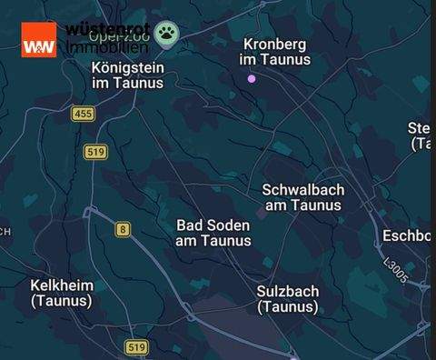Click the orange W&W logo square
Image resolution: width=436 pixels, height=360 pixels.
(x=39, y=39)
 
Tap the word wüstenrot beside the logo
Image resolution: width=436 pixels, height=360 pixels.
(x=107, y=29)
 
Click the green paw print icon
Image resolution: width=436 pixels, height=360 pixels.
(x=166, y=35)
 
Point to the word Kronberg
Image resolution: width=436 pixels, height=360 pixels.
(x=274, y=44)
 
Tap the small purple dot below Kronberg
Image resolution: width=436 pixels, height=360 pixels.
(x=253, y=79)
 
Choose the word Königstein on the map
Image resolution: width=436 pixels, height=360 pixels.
(x=128, y=66)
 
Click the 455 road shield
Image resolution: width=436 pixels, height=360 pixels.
(x=84, y=114)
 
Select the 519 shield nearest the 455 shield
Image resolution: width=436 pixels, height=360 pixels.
(x=95, y=152)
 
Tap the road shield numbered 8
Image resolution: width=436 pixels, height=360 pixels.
(x=122, y=229)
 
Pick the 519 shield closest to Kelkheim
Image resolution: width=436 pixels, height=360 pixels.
(x=135, y=347)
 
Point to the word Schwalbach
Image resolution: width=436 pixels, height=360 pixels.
(x=302, y=189)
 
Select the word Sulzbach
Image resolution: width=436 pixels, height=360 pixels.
(x=288, y=291)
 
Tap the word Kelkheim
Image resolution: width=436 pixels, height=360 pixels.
(x=62, y=285)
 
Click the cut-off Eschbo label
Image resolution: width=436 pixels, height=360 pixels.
(x=406, y=235)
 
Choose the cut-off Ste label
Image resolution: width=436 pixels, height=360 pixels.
(x=420, y=127)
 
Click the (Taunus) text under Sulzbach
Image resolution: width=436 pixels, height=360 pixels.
(x=288, y=307)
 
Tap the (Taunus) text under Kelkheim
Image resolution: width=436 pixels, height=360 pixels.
(x=62, y=301)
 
